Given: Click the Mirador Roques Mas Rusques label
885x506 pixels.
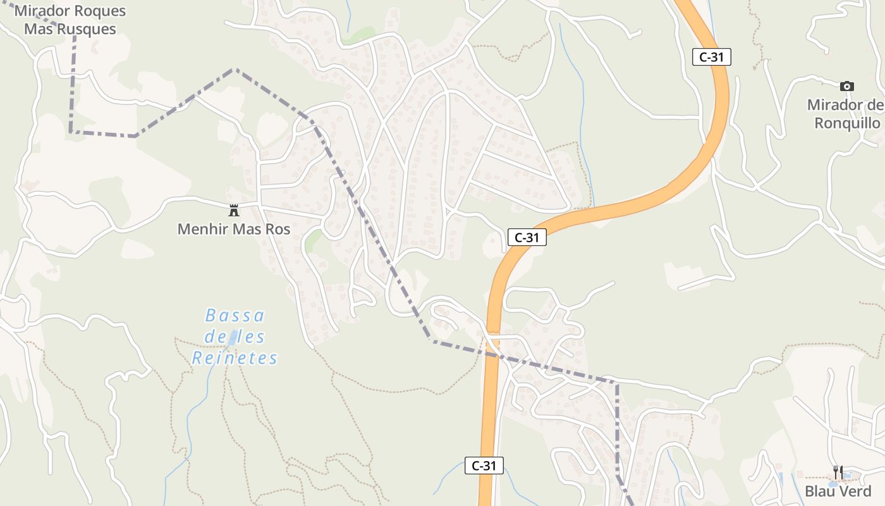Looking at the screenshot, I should click(x=70, y=20).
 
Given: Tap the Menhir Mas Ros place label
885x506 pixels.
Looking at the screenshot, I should click(x=234, y=229).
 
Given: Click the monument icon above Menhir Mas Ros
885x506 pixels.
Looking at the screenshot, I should click(x=234, y=210).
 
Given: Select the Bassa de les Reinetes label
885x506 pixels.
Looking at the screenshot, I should click(x=235, y=336).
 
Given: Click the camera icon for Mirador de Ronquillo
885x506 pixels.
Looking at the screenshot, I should click(x=847, y=86).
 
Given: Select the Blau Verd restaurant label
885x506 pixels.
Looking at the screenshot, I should click(x=838, y=491).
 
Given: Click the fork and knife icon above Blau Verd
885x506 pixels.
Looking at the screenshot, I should click(x=838, y=472).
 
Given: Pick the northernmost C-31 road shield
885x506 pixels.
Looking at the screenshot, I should click(x=712, y=57).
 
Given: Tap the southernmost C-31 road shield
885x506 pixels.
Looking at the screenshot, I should click(x=484, y=466).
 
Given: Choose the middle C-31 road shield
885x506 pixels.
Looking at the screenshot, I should click(x=527, y=238).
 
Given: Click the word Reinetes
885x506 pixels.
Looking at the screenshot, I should click(x=235, y=359).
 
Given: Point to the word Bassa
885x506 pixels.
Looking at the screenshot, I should click(x=235, y=315).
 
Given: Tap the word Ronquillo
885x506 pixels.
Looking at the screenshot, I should click(x=847, y=123).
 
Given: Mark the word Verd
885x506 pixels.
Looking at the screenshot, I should click(x=855, y=491).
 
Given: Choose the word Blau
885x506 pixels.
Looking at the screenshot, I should click(x=820, y=491).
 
